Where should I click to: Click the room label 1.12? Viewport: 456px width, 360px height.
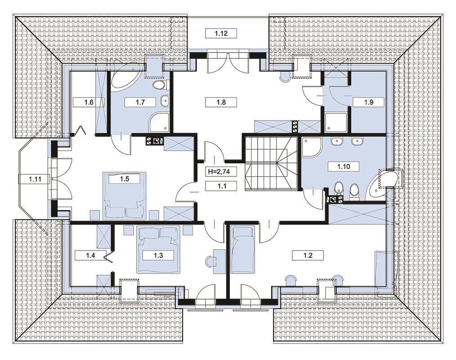point(221,33)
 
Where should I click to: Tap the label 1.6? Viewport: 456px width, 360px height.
point(89,103)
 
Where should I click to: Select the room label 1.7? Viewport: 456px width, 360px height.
point(140,103)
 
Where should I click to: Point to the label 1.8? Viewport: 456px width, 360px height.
point(221,102)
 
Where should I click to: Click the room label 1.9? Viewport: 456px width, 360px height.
point(368,102)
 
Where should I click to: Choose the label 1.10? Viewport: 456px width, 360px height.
point(344,167)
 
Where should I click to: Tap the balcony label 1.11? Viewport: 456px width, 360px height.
point(35,179)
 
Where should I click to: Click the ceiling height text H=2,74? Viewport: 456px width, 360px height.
point(219,172)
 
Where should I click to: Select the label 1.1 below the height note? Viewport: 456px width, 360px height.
point(222,186)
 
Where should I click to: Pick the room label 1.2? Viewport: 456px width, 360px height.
point(308,256)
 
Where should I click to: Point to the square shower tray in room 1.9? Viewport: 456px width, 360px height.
point(336,122)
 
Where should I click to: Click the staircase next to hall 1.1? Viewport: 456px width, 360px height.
point(270,164)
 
